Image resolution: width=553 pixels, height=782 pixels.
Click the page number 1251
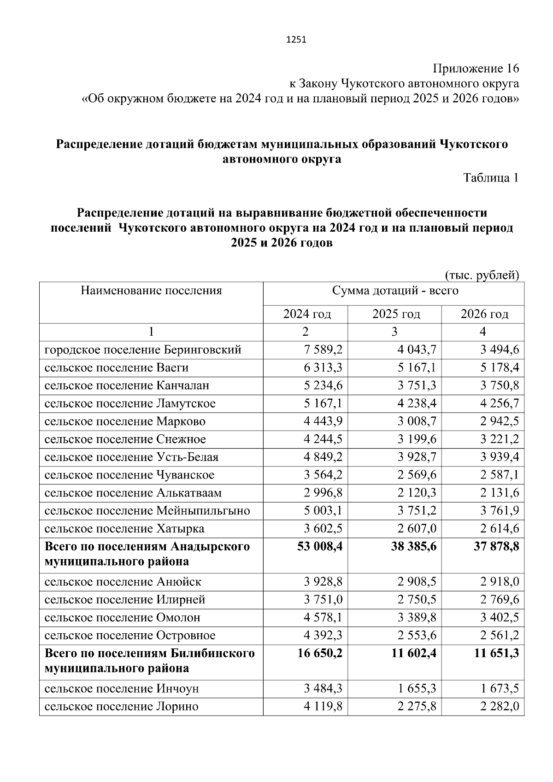296,40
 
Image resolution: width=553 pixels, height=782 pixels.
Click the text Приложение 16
475,69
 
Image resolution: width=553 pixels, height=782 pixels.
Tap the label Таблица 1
491,178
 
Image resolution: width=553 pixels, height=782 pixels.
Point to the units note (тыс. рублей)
482,275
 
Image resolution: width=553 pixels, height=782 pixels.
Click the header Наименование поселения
151,291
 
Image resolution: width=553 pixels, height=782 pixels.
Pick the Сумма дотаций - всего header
395,291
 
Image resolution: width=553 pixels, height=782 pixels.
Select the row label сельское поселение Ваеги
117,368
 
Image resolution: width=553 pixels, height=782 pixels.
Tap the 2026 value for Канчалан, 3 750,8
500,385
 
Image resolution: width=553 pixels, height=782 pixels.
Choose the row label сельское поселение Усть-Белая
131,457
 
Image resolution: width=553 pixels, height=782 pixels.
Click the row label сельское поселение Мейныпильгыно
147,511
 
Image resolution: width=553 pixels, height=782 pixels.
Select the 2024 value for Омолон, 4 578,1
323,618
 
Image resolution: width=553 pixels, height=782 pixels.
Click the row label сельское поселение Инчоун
122,689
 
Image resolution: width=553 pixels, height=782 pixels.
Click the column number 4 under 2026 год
482,332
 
